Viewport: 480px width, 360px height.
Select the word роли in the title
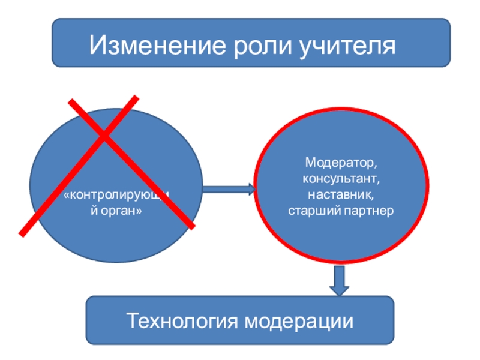pos(263,47)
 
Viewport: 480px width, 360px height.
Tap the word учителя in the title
pos(347,47)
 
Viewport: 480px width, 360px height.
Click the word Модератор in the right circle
pos(339,163)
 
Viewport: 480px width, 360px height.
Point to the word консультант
pos(339,178)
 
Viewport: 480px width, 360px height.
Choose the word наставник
pos(339,194)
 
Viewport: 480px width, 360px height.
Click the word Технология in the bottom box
pos(182,321)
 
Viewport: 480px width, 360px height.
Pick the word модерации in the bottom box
pos(299,322)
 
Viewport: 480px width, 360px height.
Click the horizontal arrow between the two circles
pos(229,189)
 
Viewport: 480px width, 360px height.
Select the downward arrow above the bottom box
pos(339,280)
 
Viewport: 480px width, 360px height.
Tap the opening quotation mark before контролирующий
pos(67,196)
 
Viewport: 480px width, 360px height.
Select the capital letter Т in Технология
pos(133,320)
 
